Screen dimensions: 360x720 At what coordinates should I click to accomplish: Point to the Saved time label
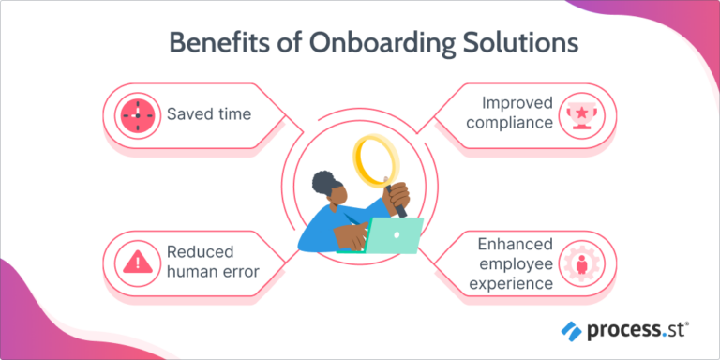point(209,115)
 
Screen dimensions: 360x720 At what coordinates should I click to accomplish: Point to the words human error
point(213,275)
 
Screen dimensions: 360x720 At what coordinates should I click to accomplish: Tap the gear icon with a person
point(580,262)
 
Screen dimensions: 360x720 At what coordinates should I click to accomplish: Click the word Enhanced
point(513,244)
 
